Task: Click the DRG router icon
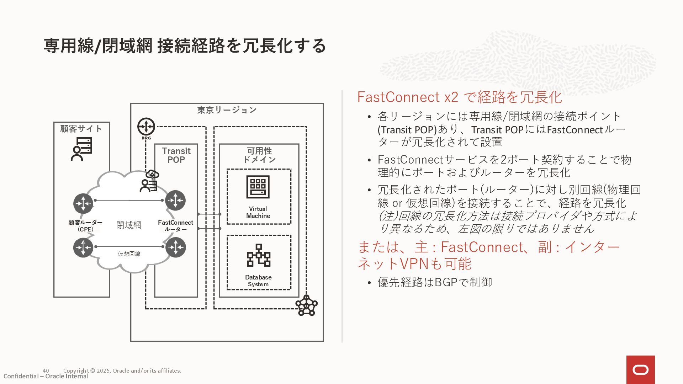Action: (x=146, y=127)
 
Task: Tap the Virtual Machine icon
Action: (x=258, y=187)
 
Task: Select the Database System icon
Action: (x=259, y=255)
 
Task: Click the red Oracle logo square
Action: (x=640, y=370)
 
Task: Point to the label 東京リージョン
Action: (x=227, y=110)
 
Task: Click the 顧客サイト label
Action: (x=81, y=129)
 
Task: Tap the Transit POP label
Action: (x=176, y=155)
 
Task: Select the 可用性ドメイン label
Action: (x=259, y=155)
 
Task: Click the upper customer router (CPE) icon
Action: (x=83, y=203)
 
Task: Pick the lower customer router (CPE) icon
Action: (x=83, y=247)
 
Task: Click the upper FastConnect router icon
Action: (x=175, y=200)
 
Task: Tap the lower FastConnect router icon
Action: (x=175, y=247)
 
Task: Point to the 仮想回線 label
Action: (x=129, y=254)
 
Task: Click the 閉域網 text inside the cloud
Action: (x=129, y=225)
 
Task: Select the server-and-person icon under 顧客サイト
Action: (x=81, y=149)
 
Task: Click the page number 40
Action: (x=46, y=370)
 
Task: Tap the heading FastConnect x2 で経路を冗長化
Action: (x=459, y=97)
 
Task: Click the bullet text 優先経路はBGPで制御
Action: (x=435, y=282)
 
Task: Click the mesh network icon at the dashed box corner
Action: (x=306, y=305)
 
